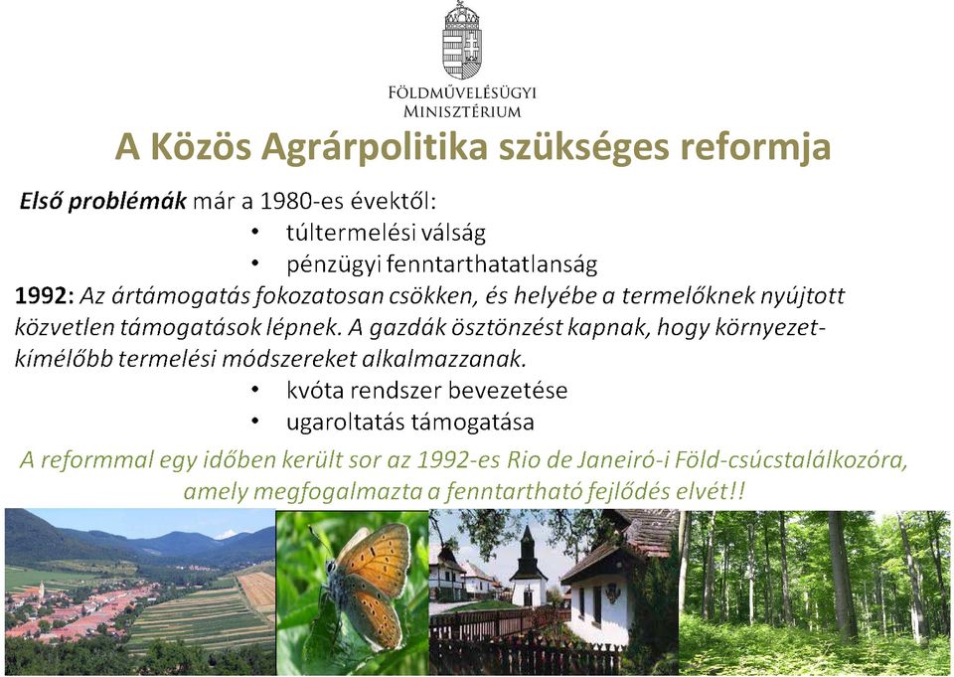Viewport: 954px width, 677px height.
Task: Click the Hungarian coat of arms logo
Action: tap(462, 40)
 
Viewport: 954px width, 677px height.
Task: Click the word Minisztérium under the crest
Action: tap(462, 112)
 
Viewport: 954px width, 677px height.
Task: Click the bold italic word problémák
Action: tap(126, 202)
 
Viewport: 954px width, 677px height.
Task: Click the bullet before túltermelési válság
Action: tap(254, 232)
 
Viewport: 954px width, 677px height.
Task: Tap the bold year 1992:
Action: tap(45, 296)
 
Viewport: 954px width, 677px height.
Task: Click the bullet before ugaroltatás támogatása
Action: tap(254, 422)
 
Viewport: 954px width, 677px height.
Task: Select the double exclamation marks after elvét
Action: tap(737, 491)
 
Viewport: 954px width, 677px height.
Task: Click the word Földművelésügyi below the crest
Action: tap(462, 92)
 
